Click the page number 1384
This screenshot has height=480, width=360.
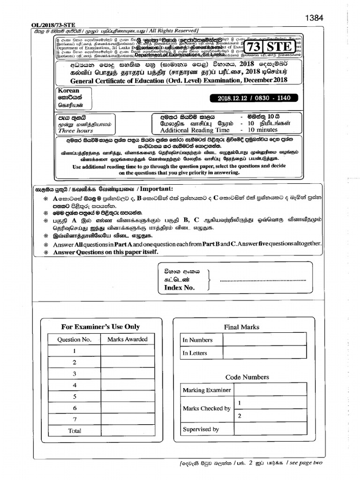pos(314,18)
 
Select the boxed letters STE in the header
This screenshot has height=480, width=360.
pos(279,47)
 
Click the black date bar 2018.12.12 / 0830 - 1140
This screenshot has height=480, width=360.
pos(254,98)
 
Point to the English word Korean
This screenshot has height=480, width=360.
pos(68,91)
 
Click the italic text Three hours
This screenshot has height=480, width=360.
pos(74,131)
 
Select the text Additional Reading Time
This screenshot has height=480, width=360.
pos(195,130)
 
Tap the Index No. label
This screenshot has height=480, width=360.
pos(179,288)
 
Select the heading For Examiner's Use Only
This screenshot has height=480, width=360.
pos(100,327)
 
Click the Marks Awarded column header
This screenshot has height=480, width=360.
pos(127,339)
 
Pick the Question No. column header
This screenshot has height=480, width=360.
pos(75,339)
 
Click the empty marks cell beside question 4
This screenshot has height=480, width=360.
pos(127,385)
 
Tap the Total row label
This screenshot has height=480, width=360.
pos(75,430)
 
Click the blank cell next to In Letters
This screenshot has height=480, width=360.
pos(264,353)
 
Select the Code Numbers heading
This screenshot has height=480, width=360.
pos(247,377)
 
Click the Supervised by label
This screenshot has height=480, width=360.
pos(201,429)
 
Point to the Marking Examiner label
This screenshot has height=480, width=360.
pos(207,390)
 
